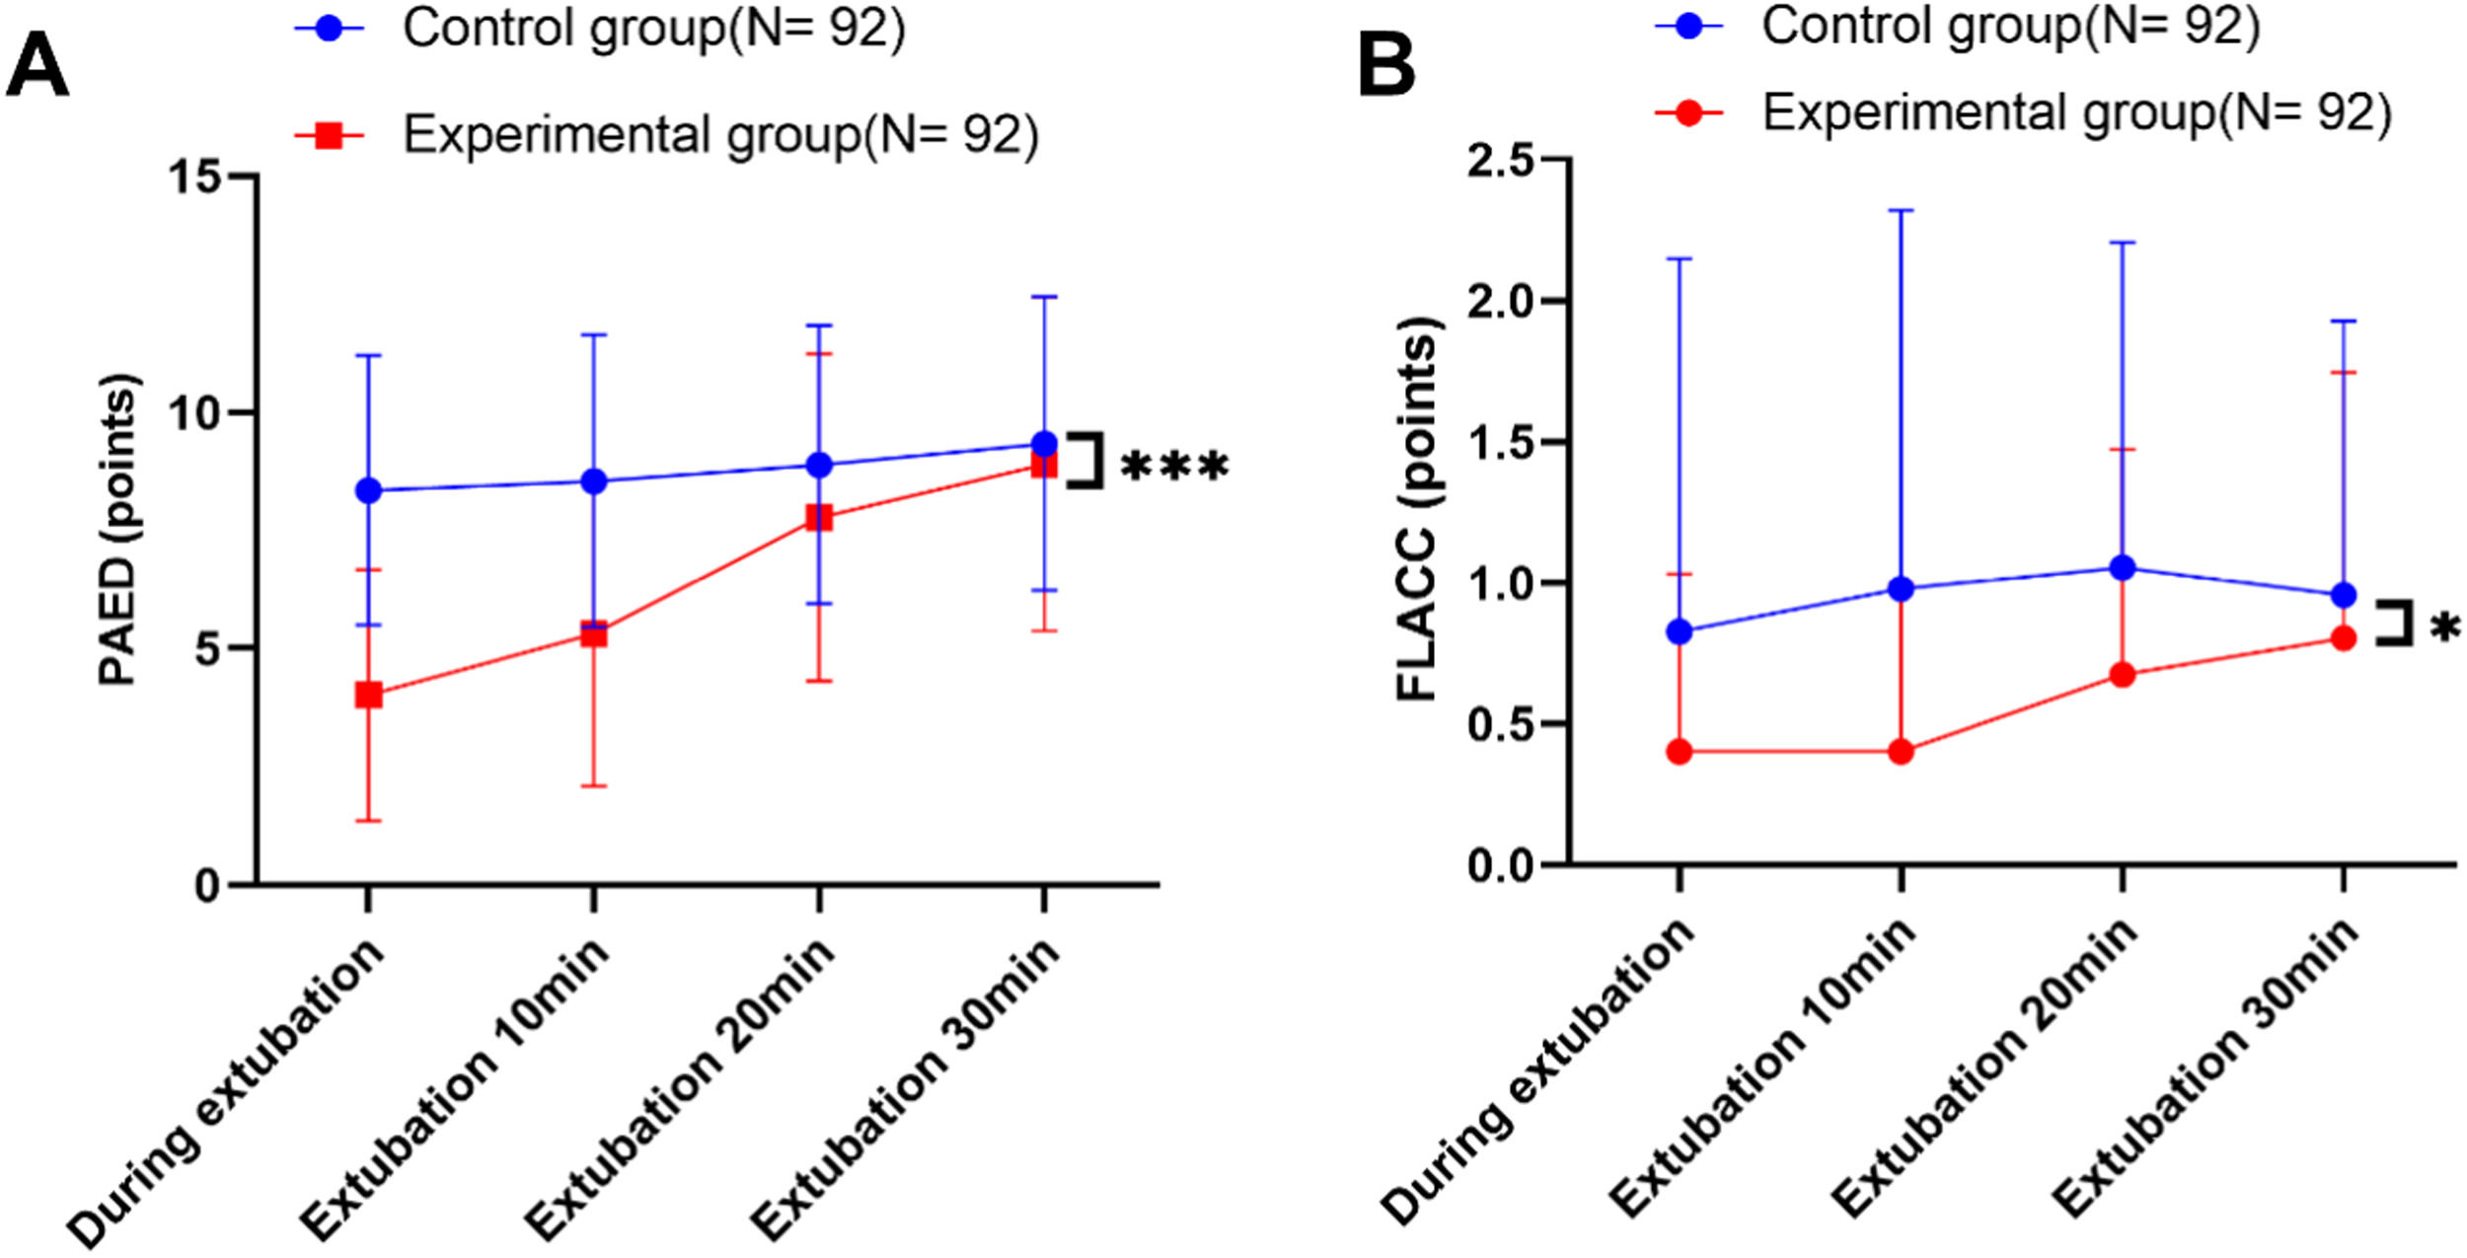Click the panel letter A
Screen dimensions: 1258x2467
coord(37,65)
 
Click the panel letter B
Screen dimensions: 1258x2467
coord(1386,65)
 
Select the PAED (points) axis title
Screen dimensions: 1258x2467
coord(119,530)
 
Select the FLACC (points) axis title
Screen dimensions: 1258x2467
coord(1418,509)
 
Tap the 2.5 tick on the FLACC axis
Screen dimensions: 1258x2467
coord(1505,161)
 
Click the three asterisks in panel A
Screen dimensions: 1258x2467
coord(1175,467)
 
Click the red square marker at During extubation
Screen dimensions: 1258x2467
coord(368,696)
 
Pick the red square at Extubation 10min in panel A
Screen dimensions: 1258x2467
coord(593,633)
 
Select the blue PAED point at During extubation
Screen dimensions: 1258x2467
coord(368,490)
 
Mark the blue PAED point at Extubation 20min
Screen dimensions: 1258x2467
coord(819,465)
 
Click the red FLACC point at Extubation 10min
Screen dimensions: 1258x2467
coord(1901,752)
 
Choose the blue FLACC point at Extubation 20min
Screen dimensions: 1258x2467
coord(2123,567)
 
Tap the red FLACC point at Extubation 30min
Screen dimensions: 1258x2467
coord(2344,638)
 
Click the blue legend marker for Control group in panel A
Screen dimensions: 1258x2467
coord(330,29)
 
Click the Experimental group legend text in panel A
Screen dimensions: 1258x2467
coord(720,135)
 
